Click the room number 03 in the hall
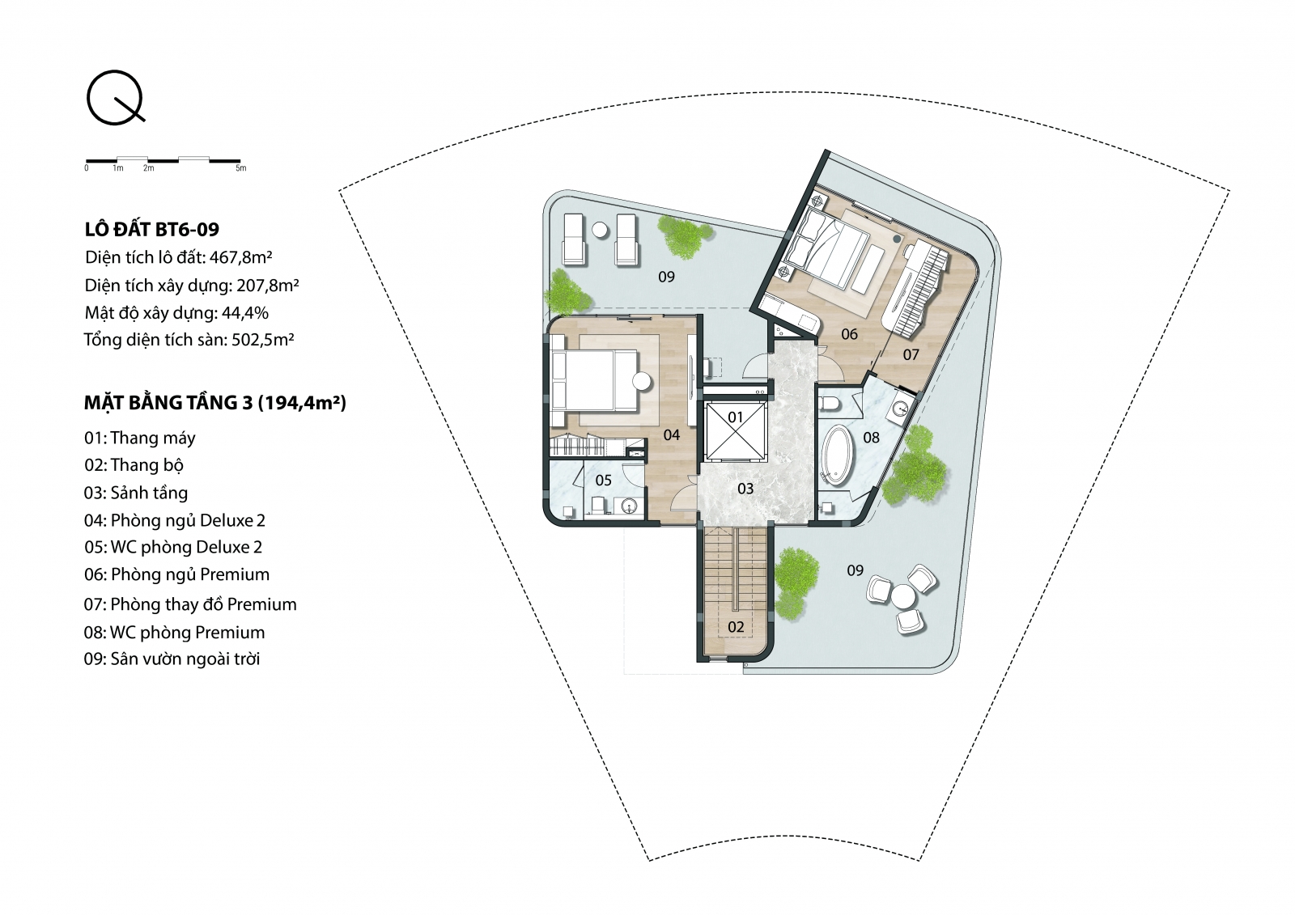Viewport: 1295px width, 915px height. (x=745, y=489)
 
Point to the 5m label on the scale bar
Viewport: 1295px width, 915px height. (x=241, y=168)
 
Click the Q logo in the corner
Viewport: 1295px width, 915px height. (x=116, y=97)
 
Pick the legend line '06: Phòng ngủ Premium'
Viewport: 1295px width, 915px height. (x=177, y=574)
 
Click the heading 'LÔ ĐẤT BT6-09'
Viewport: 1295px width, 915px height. (x=152, y=230)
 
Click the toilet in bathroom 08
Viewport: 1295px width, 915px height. (x=830, y=404)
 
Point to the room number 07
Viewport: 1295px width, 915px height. (x=911, y=355)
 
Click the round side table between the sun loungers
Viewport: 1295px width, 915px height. (x=601, y=231)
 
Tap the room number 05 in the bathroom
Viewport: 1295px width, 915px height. (x=604, y=481)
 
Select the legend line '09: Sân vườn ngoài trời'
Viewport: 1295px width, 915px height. (x=172, y=659)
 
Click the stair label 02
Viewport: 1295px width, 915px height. (x=736, y=626)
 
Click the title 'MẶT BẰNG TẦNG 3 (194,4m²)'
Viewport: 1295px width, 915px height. (x=215, y=403)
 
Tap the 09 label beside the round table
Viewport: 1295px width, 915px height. (x=855, y=571)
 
